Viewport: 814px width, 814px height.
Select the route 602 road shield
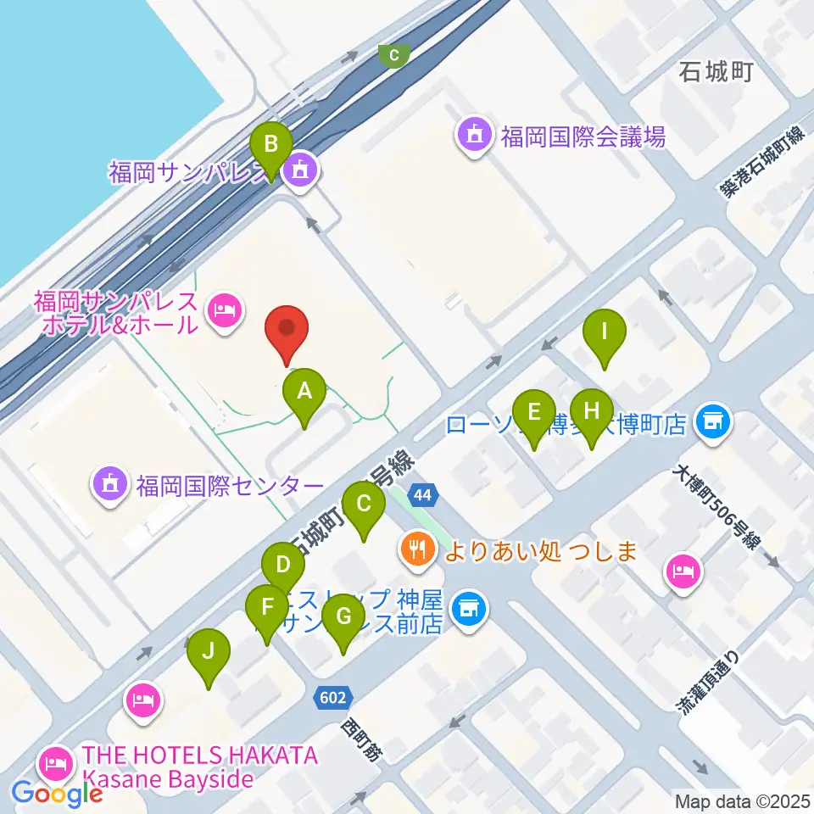[333, 697]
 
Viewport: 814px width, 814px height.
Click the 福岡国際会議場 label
[583, 136]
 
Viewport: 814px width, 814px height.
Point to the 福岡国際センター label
[229, 486]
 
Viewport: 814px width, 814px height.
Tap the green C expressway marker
[393, 56]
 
